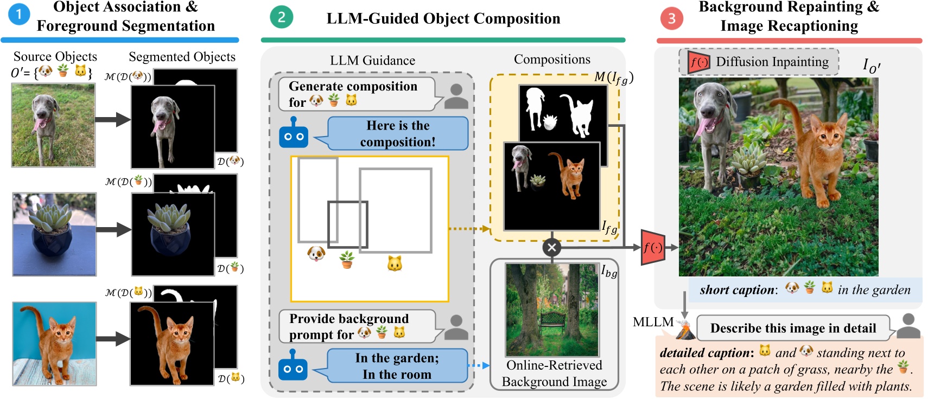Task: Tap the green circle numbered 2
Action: tap(281, 17)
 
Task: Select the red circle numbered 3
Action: tap(671, 18)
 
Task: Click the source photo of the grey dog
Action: tap(53, 125)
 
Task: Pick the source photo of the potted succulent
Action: tap(54, 234)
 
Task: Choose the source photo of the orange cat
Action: tap(54, 343)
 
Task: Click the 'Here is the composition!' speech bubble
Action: tap(397, 133)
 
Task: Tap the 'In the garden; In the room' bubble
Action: tap(397, 366)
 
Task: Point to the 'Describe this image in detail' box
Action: tap(792, 328)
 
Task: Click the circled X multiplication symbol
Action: tap(551, 248)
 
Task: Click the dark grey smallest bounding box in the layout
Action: tap(347, 224)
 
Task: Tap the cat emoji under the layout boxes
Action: tap(395, 264)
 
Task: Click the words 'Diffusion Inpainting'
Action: tap(772, 62)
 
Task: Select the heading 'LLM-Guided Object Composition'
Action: tap(443, 18)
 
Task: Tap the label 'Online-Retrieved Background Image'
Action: tap(554, 373)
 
